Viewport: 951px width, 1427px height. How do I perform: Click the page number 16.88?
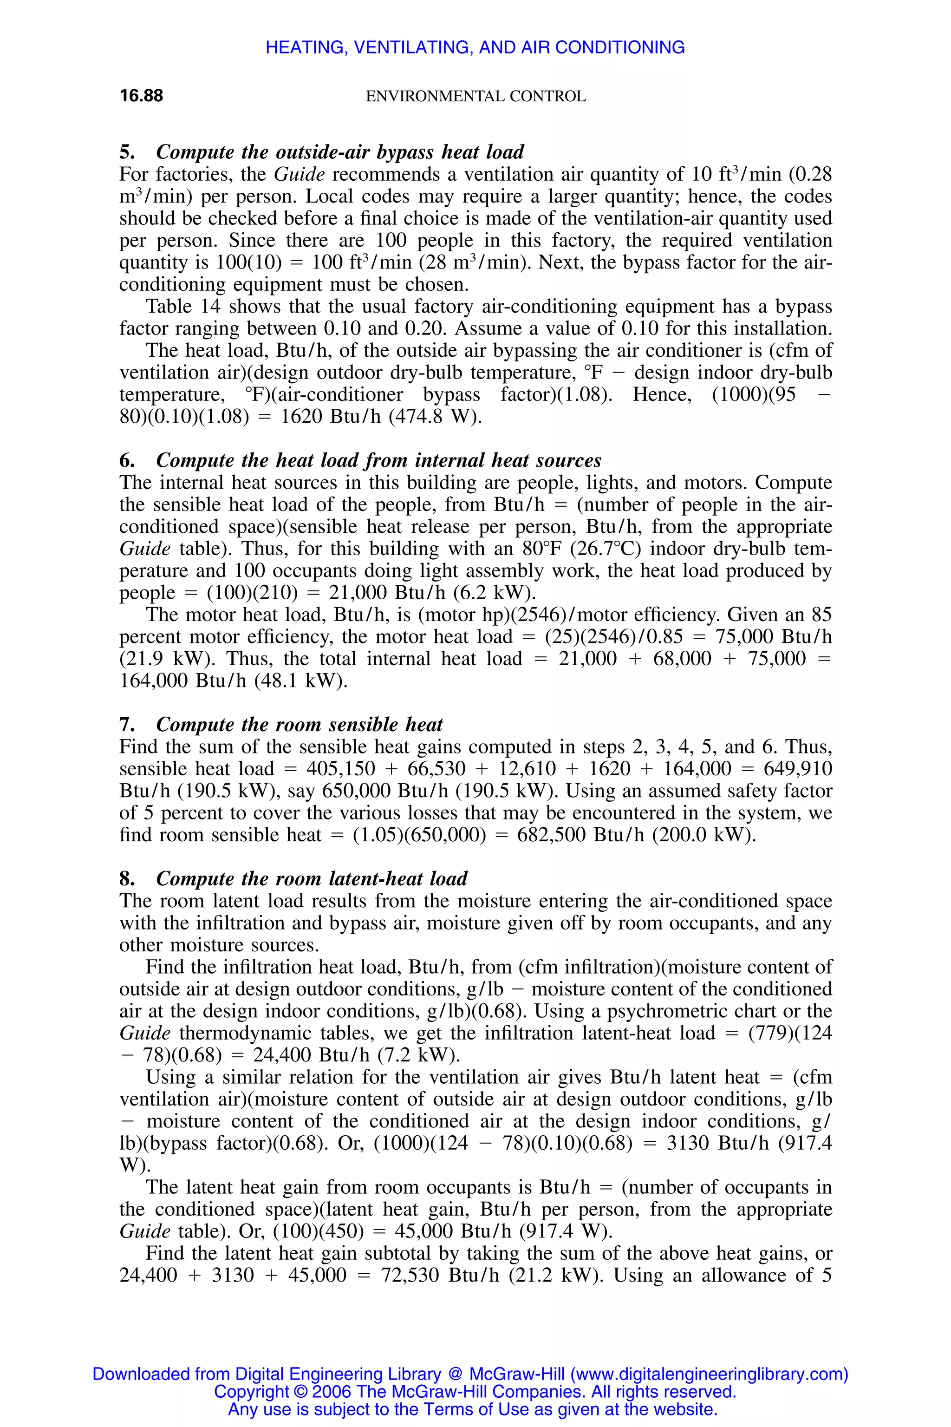141,96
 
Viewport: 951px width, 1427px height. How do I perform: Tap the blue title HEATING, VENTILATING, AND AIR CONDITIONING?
475,47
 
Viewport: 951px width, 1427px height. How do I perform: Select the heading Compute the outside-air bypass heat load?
339,152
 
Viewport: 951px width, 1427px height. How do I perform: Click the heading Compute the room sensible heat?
299,725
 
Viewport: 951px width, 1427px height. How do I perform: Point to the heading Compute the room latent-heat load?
312,878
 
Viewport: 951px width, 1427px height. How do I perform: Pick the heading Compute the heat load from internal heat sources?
378,460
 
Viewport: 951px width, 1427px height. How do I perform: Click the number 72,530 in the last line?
410,1275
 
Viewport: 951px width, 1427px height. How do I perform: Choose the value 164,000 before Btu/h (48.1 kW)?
154,681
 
